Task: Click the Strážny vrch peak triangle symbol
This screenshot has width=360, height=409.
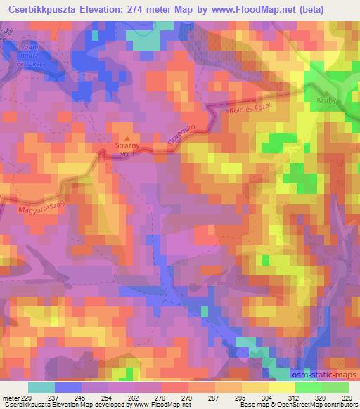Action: click(127, 138)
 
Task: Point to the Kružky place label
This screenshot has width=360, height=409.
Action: click(328, 98)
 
